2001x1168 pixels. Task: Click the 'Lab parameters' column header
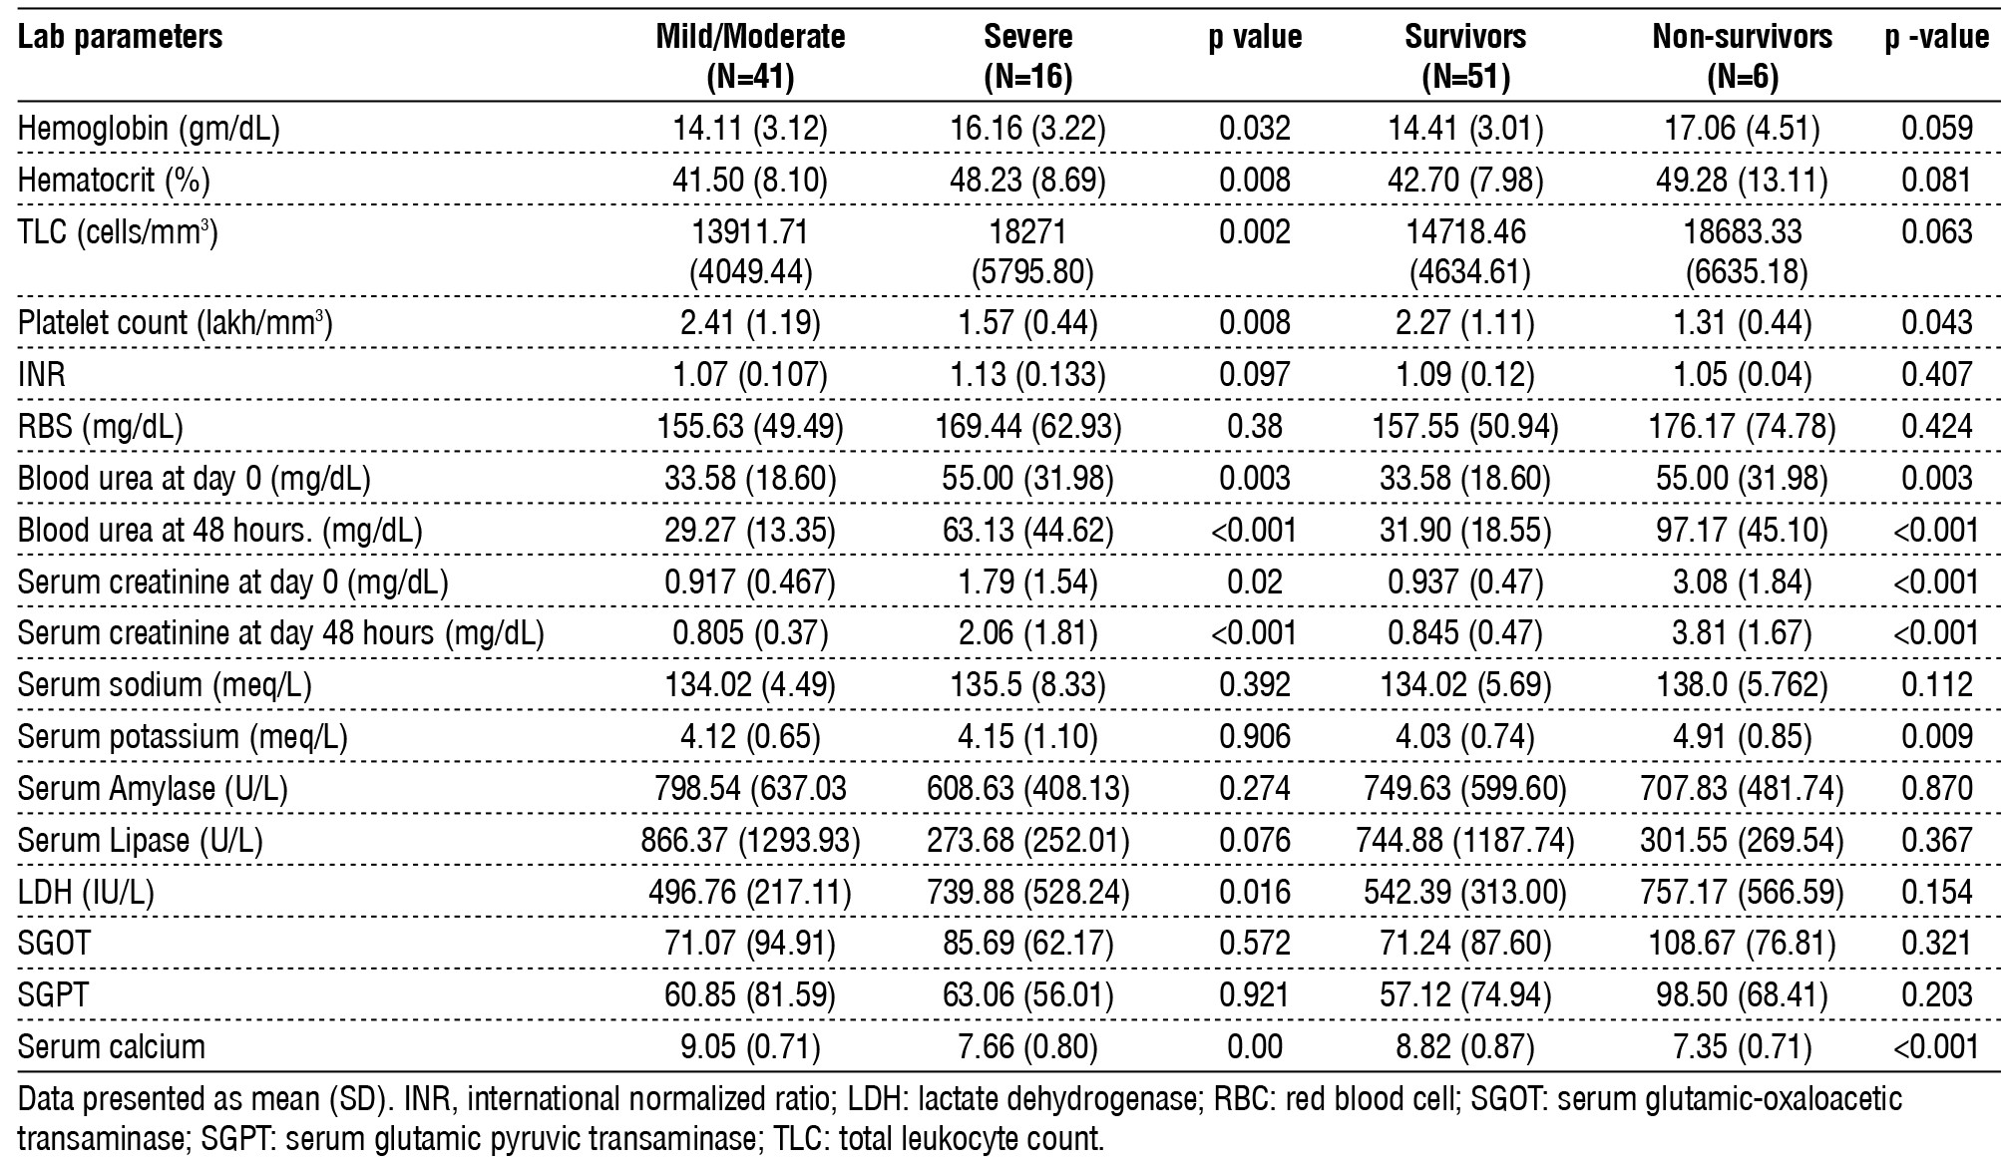click(x=120, y=38)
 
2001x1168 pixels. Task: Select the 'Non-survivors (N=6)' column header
click(x=1742, y=56)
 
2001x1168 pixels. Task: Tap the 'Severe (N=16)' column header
click(x=1027, y=56)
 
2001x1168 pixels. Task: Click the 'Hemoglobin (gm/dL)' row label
click(x=149, y=128)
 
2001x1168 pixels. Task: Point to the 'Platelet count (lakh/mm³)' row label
click(x=175, y=323)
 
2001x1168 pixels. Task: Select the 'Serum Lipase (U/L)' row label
click(x=140, y=841)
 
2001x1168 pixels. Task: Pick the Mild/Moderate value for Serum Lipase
click(x=750, y=841)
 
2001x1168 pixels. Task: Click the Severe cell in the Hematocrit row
click(x=1027, y=180)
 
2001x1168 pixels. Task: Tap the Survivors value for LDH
click(x=1464, y=893)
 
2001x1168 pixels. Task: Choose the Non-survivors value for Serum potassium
click(x=1742, y=737)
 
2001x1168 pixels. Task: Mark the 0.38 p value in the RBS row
click(x=1255, y=427)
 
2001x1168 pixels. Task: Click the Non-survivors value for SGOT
click(x=1742, y=944)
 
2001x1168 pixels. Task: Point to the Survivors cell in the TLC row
click(x=1464, y=250)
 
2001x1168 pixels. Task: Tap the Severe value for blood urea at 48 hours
click(x=1027, y=531)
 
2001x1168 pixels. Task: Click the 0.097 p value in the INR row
click(x=1255, y=375)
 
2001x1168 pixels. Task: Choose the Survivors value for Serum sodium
click(x=1464, y=685)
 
